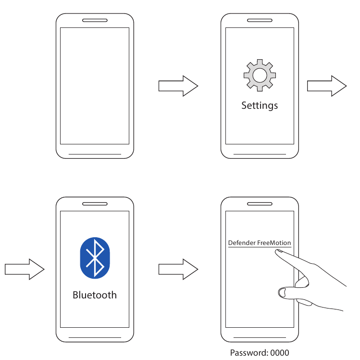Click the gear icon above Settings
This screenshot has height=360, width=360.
(x=260, y=75)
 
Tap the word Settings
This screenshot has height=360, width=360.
(x=260, y=105)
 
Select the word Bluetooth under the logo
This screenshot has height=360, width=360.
(x=95, y=295)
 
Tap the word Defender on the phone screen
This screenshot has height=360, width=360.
(x=242, y=243)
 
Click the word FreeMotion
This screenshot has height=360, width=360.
(x=274, y=243)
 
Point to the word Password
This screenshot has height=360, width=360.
(x=247, y=353)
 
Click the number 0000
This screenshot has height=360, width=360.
(x=280, y=353)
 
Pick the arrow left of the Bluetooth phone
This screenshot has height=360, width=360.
(x=25, y=269)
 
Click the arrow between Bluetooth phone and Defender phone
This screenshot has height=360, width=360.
(x=178, y=269)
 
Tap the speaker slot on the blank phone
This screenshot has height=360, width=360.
(x=95, y=21)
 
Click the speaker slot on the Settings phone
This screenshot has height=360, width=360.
(x=260, y=21)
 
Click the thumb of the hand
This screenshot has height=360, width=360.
(x=288, y=291)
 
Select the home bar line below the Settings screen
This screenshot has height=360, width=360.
(x=260, y=154)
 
